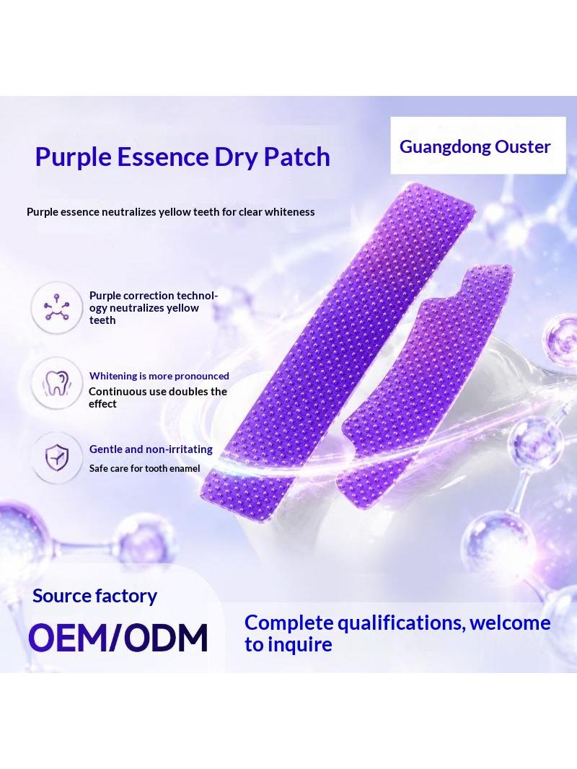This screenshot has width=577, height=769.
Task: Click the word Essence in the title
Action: click(163, 157)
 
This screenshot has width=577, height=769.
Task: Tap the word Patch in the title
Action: click(297, 157)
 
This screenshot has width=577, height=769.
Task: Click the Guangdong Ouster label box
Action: click(478, 145)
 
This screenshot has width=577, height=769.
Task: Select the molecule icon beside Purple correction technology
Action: click(56, 307)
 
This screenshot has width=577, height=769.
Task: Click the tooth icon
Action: click(56, 383)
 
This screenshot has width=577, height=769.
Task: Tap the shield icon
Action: click(57, 457)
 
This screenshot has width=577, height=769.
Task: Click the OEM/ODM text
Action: click(118, 638)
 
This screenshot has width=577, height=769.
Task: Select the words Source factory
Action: click(94, 596)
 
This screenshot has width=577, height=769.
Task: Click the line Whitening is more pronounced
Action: click(159, 376)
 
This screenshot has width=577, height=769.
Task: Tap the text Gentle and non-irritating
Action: click(151, 449)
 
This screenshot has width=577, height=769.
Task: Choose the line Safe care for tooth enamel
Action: click(145, 468)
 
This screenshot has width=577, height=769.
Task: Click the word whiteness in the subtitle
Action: click(290, 212)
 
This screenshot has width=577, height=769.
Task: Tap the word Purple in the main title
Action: click(74, 158)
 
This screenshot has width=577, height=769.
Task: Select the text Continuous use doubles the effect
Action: click(158, 397)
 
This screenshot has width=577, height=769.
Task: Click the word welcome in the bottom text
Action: click(510, 623)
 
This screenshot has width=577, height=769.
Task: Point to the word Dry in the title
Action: click(237, 158)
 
